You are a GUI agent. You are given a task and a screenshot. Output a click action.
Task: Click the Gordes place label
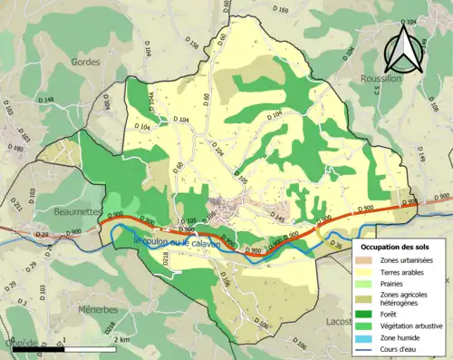85,62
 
